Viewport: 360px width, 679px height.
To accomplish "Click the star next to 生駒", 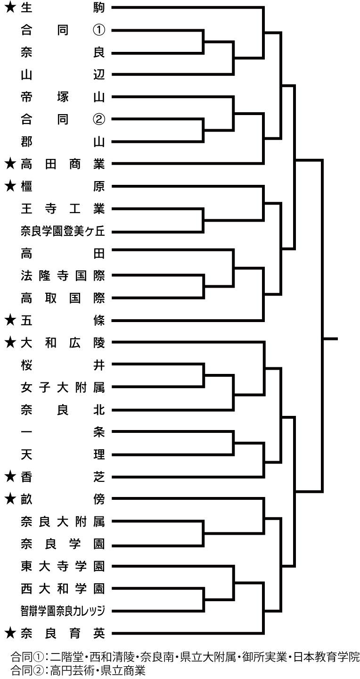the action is pyautogui.click(x=10, y=8).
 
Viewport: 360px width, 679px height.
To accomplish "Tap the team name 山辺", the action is pyautogui.click(x=63, y=75).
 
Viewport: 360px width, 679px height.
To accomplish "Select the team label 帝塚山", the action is pyautogui.click(x=63, y=97).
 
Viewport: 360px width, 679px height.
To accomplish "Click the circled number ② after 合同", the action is pyautogui.click(x=99, y=119).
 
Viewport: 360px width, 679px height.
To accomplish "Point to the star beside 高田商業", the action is pyautogui.click(x=10, y=164).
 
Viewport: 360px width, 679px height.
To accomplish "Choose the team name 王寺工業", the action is pyautogui.click(x=63, y=209).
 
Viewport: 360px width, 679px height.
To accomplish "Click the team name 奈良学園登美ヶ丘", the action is pyautogui.click(x=63, y=231).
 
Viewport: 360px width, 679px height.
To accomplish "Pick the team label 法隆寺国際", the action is pyautogui.click(x=63, y=276).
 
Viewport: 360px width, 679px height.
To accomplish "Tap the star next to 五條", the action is pyautogui.click(x=10, y=321).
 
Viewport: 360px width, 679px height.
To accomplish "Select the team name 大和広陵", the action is pyautogui.click(x=63, y=343).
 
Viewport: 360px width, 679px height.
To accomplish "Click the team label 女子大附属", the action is pyautogui.click(x=63, y=388).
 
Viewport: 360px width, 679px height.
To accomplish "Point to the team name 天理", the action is pyautogui.click(x=63, y=455).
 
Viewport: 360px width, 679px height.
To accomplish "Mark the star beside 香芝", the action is pyautogui.click(x=10, y=477).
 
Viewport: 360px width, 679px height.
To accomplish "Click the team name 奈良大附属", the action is pyautogui.click(x=63, y=522).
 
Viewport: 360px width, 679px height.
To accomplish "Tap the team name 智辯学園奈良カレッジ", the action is pyautogui.click(x=63, y=611).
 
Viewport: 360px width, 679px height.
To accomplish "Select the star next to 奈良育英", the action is pyautogui.click(x=10, y=634).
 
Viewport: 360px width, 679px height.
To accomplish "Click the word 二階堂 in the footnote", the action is pyautogui.click(x=66, y=657).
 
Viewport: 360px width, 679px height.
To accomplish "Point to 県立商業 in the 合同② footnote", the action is pyautogui.click(x=123, y=670).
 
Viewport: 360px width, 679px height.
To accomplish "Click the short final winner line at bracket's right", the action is pyautogui.click(x=330, y=339).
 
